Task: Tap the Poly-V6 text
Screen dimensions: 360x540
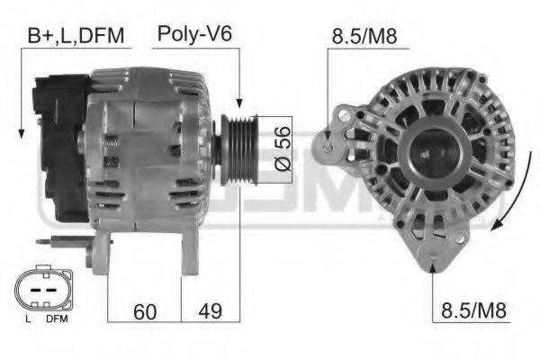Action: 195,35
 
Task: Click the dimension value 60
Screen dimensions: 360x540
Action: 144,311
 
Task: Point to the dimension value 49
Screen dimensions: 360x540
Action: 210,311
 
